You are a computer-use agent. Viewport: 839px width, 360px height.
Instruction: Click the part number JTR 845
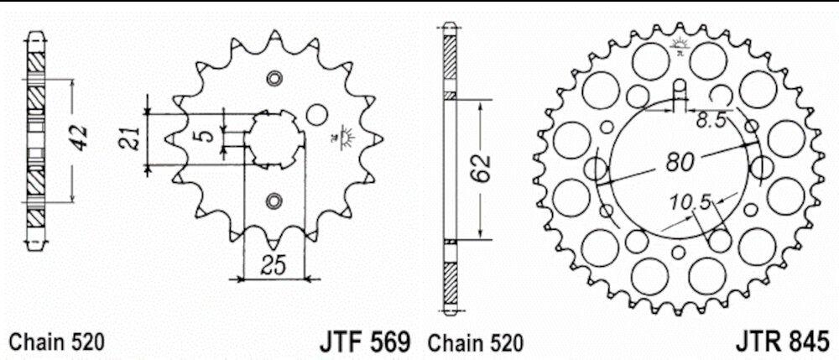coord(784,342)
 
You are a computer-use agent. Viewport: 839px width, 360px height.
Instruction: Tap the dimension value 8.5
coord(711,122)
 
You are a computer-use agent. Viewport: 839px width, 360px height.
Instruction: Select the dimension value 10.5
coord(690,202)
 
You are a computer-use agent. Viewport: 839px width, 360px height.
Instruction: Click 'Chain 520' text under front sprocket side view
coord(56,342)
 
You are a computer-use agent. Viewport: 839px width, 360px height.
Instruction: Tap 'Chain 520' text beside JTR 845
coord(475,342)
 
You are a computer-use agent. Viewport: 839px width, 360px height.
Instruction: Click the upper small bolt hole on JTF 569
coord(274,78)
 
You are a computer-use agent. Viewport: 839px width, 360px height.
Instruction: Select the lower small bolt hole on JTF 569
coord(274,200)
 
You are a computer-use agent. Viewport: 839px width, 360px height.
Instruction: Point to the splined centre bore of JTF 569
coord(274,138)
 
